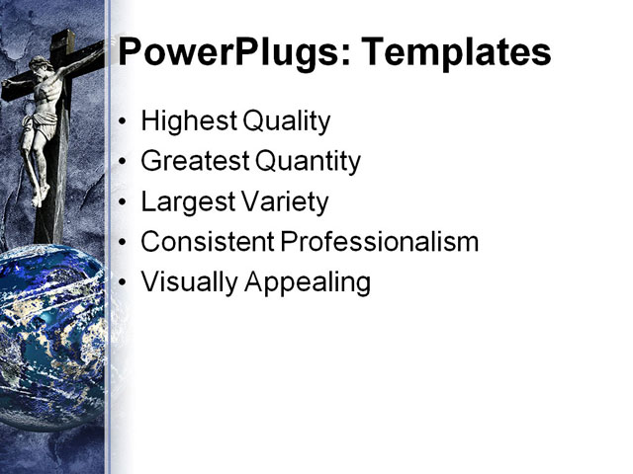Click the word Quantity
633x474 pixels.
click(x=308, y=162)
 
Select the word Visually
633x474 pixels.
click(x=189, y=282)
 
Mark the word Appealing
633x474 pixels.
click(x=308, y=283)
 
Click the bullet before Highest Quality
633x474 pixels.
click(x=123, y=123)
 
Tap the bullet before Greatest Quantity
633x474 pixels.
click(x=123, y=163)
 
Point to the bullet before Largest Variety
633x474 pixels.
click(x=123, y=203)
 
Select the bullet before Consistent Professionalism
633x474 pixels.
click(x=123, y=243)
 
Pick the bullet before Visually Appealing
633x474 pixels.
click(x=123, y=283)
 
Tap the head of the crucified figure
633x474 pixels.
click(x=42, y=71)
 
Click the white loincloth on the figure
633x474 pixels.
click(x=41, y=126)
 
